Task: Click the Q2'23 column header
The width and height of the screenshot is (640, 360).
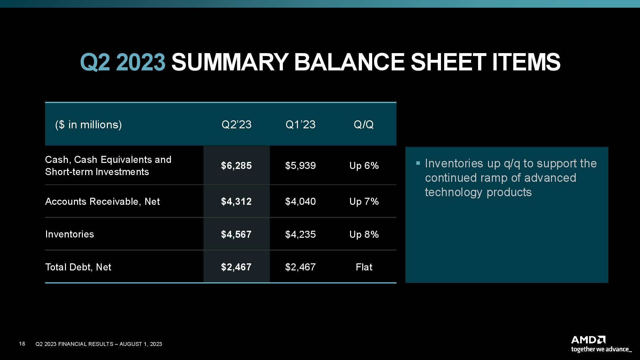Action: [236, 124]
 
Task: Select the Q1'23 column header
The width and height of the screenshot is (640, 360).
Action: [300, 124]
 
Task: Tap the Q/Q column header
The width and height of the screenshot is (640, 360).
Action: [364, 124]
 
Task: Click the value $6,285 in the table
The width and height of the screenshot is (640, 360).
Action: [236, 166]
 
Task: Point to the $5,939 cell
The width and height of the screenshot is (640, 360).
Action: [300, 166]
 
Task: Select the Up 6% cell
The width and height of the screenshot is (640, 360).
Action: [364, 166]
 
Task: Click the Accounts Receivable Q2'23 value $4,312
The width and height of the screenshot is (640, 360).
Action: [236, 202]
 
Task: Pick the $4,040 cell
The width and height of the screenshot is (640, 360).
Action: [300, 202]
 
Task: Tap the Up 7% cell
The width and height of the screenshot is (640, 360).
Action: [364, 202]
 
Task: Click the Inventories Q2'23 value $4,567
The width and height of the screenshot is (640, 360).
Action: [236, 235]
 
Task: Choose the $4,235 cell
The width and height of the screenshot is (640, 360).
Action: [300, 235]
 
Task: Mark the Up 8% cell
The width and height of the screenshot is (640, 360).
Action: [364, 235]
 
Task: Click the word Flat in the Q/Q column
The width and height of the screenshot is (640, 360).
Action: [364, 267]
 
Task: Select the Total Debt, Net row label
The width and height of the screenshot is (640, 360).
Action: [78, 267]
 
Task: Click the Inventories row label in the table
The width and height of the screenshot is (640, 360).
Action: [69, 234]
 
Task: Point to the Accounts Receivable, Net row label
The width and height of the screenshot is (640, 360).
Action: [102, 202]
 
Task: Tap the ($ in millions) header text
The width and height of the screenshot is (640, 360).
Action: [88, 124]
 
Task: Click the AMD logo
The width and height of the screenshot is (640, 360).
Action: [588, 340]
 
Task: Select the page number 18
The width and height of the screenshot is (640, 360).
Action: [22, 344]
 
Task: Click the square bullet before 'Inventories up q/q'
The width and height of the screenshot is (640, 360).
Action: [418, 163]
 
